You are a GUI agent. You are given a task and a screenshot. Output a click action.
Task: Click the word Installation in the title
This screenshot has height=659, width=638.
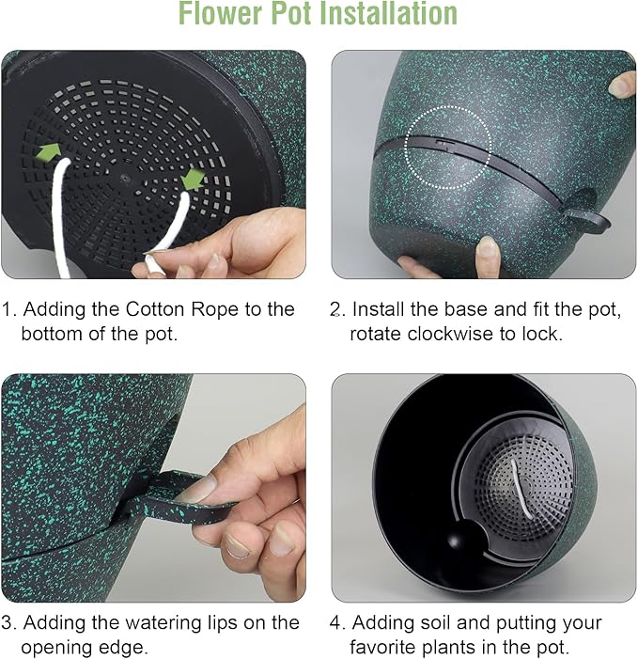tap(376, 14)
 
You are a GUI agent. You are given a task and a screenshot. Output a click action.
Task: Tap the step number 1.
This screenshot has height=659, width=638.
tap(8, 309)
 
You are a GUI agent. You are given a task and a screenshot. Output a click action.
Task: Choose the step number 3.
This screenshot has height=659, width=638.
tap(8, 622)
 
